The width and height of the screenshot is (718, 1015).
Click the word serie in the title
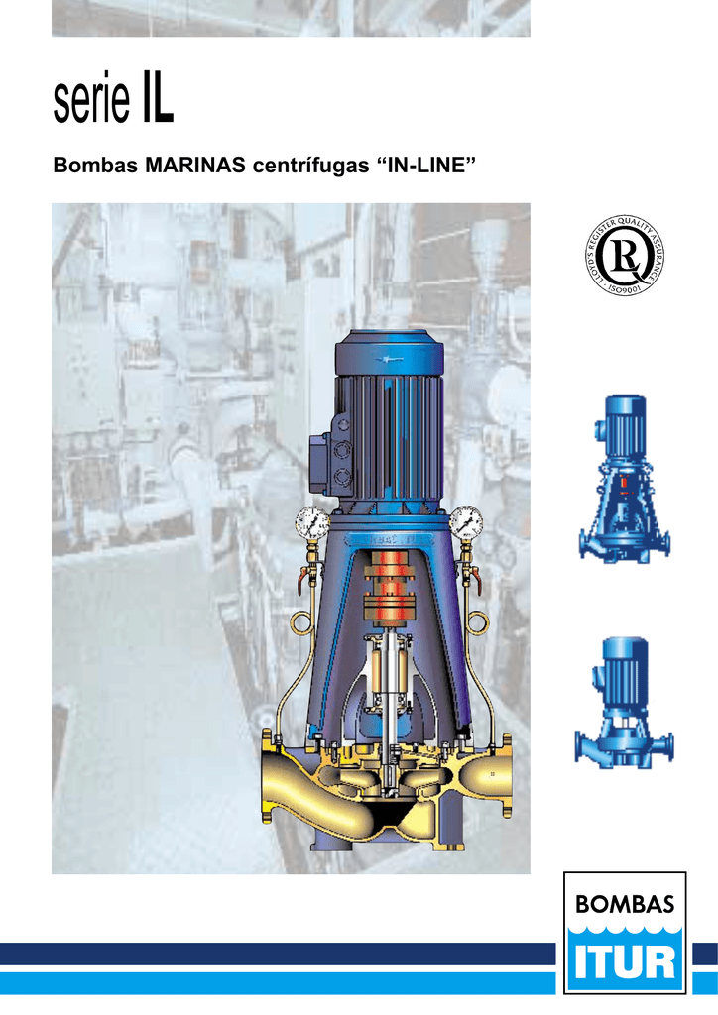91,99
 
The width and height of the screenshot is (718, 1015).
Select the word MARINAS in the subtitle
195,166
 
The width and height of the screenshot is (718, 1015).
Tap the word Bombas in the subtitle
95,166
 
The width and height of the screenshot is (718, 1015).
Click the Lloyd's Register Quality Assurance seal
624,257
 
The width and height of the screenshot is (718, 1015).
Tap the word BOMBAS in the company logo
625,904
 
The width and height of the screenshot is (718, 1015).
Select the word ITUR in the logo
625,962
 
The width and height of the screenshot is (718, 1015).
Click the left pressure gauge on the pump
312,523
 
